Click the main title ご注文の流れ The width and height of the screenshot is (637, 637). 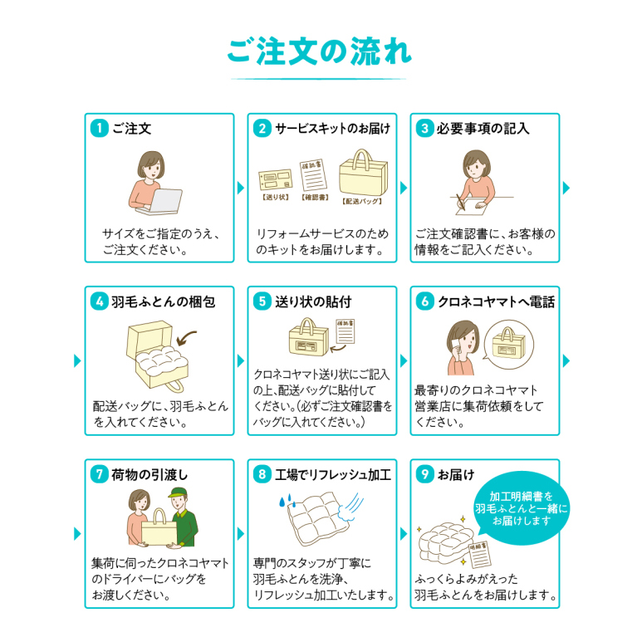coord(319,51)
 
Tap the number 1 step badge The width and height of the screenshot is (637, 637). coord(99,128)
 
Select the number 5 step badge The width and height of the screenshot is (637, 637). coord(262,301)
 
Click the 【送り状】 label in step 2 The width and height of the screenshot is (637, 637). coord(274,199)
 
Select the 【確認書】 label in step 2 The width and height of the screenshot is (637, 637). coord(316,199)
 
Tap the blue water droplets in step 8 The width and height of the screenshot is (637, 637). coord(284,504)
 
